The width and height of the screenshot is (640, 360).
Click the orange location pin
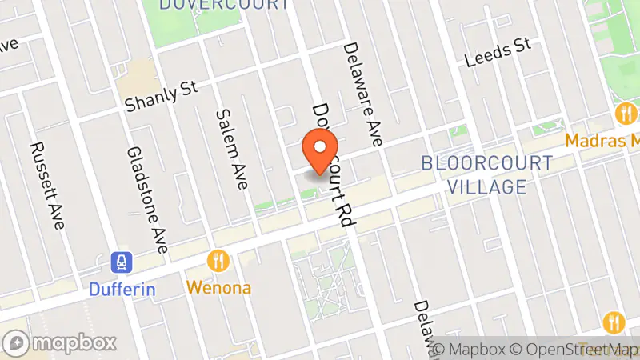point(320,153)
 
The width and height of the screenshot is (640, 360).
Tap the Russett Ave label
point(46,186)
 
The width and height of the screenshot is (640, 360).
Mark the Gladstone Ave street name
point(146,200)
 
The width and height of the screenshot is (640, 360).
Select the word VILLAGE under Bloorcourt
point(486,187)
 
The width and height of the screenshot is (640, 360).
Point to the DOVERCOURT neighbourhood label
point(224,5)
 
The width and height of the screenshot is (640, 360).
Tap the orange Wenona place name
point(218,286)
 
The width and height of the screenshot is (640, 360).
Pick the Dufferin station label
point(122,289)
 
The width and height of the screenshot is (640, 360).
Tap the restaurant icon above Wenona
point(218,261)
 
